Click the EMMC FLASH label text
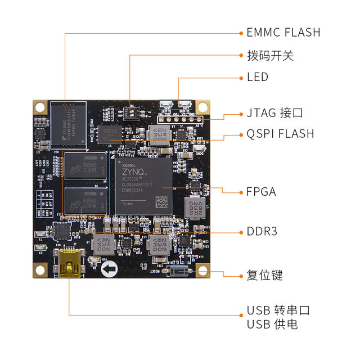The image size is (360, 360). pyautogui.click(x=283, y=33)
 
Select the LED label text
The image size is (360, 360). pyautogui.click(x=258, y=77)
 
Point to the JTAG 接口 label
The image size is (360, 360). pyautogui.click(x=274, y=113)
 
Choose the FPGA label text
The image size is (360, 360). pyautogui.click(x=262, y=192)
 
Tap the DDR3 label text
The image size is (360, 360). pyautogui.click(x=262, y=232)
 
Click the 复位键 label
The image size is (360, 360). pyautogui.click(x=264, y=276)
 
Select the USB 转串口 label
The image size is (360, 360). pyautogui.click(x=278, y=310)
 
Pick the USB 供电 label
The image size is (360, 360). pyautogui.click(x=272, y=325)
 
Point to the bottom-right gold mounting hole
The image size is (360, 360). pyautogui.click(x=202, y=271)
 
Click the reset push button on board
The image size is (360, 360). pyautogui.click(x=179, y=272)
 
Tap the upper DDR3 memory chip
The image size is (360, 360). pyautogui.click(x=85, y=164)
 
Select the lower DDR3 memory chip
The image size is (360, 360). pyautogui.click(x=85, y=200)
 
